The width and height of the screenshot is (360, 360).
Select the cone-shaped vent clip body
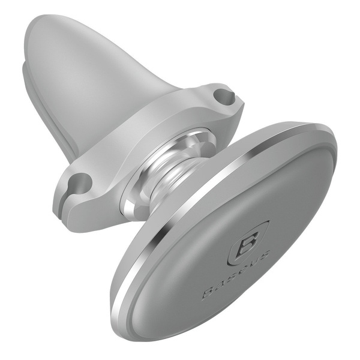pos(96,84)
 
